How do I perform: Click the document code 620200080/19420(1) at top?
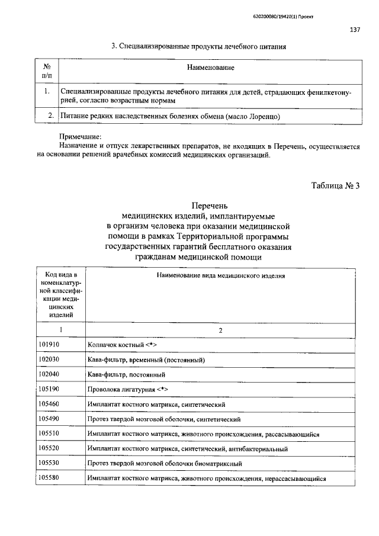pos(278,17)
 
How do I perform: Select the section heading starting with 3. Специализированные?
pos(200,46)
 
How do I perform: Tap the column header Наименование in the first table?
pos(211,68)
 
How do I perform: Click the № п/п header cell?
pos(46,72)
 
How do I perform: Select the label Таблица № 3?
pos(336,186)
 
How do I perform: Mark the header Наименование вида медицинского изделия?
pos(220,276)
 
